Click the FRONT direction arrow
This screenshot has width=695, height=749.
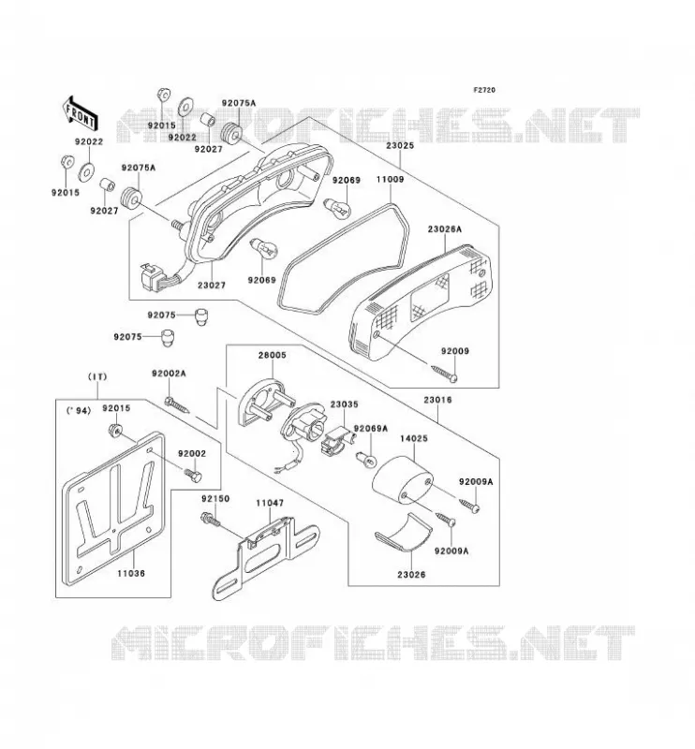pos(80,113)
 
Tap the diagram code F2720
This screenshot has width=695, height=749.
pos(484,90)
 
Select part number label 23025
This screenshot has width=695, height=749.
pos(400,146)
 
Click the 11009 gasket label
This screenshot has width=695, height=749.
pos(390,180)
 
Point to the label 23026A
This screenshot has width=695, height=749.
pos(445,229)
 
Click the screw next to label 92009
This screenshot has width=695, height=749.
pos(444,373)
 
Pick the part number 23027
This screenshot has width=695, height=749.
pos(212,286)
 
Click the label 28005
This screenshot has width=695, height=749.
pos(273,356)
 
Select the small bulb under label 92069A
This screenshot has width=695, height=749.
pos(367,460)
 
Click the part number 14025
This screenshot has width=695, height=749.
pos(414,438)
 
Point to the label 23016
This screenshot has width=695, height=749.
pos(437,400)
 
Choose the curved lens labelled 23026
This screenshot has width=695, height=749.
pos(405,532)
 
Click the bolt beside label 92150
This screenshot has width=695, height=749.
pos(211,520)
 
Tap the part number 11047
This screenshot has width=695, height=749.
pos(270,503)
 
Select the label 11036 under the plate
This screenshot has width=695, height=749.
pos(131,573)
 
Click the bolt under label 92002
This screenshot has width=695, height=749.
pos(193,475)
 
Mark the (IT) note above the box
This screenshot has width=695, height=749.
pos(97,377)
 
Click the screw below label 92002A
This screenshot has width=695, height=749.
pos(176,404)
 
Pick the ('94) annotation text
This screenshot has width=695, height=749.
pos(79,410)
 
